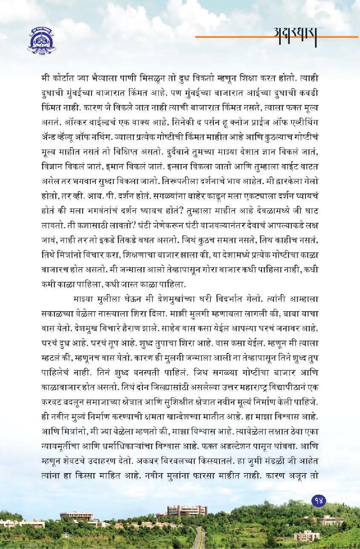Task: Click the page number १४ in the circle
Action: point(319,501)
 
